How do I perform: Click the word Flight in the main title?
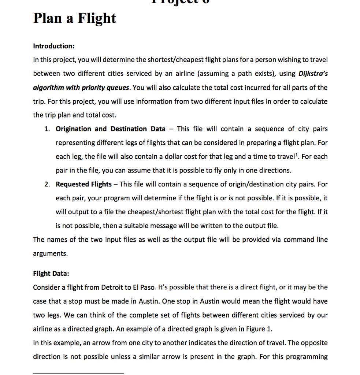[x=96, y=18]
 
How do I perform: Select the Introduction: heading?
[x=54, y=46]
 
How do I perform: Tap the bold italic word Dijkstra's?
[x=313, y=73]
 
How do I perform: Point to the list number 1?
[x=47, y=129]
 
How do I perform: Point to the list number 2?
[x=47, y=184]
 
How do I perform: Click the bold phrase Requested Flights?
[x=83, y=184]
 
